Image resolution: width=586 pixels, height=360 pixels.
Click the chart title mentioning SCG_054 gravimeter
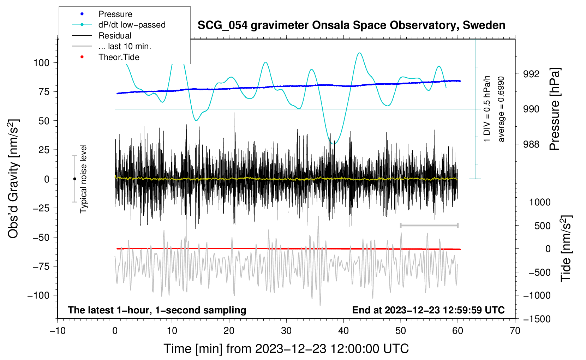pos(351,25)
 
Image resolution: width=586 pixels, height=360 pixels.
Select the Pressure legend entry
pos(102,14)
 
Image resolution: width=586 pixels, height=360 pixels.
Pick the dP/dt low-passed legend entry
pos(119,25)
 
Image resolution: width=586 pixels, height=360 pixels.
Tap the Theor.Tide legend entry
pos(106,57)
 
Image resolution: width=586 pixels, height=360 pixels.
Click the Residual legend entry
pos(102,36)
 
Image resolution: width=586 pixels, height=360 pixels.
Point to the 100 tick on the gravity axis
pos(41,63)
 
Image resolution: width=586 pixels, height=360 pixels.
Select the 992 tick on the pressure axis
pos(531,74)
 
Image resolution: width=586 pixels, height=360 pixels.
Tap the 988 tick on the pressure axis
pos(531,144)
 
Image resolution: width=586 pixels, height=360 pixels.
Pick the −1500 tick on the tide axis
pos(537,319)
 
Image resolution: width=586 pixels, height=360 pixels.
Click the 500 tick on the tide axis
pos(542,226)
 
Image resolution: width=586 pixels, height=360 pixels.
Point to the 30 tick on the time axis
pos(286,331)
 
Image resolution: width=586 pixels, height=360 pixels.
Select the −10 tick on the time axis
pos(58,331)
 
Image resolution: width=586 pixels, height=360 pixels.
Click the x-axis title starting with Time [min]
pos(286,349)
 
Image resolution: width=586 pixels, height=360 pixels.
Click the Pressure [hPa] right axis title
pos(555,109)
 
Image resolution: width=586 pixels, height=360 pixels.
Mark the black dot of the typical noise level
pos(74,179)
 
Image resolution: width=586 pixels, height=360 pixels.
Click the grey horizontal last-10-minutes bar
pos(429,225)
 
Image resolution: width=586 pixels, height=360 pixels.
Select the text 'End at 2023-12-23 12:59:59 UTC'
pos(428,310)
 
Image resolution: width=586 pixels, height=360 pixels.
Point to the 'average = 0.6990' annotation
pos(501,109)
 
